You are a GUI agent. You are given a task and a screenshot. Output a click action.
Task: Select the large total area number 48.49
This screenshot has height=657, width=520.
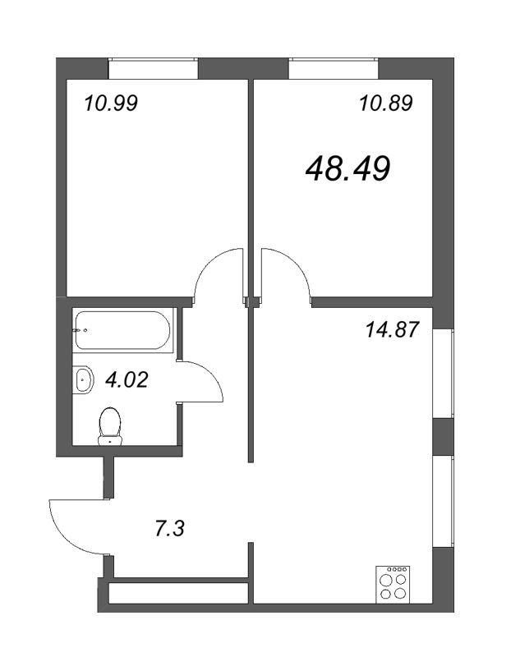coord(347,169)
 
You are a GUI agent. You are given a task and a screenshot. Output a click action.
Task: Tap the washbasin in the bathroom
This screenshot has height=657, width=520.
coord(84,381)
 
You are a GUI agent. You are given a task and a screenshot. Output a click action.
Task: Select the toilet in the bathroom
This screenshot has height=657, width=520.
coord(110,426)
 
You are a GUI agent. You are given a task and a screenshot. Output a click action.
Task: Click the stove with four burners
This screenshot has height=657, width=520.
coord(393,586)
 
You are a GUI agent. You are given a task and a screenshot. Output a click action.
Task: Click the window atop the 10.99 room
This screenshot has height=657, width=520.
coord(154,68)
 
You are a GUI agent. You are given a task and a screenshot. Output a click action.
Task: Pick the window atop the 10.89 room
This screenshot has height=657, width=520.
coord(332,68)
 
